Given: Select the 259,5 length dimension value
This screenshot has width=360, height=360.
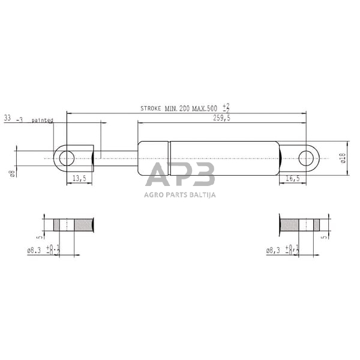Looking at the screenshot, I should pyautogui.click(x=221, y=119).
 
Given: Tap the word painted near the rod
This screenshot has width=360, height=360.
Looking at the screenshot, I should pyautogui.click(x=43, y=120).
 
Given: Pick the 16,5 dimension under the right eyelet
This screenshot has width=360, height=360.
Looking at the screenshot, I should pyautogui.click(x=293, y=178).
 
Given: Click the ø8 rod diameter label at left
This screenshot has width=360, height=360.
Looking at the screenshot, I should pyautogui.click(x=12, y=174).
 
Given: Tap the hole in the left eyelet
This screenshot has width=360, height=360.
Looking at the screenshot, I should pyautogui.click(x=67, y=158).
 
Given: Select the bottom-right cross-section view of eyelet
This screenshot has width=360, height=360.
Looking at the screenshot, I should pyautogui.click(x=300, y=226).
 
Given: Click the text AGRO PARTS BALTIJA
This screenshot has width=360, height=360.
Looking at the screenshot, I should pyautogui.click(x=180, y=194).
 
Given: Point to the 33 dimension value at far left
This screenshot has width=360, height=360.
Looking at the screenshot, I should pyautogui.click(x=8, y=119).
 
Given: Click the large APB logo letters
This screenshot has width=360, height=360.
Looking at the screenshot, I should pyautogui.click(x=181, y=176).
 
